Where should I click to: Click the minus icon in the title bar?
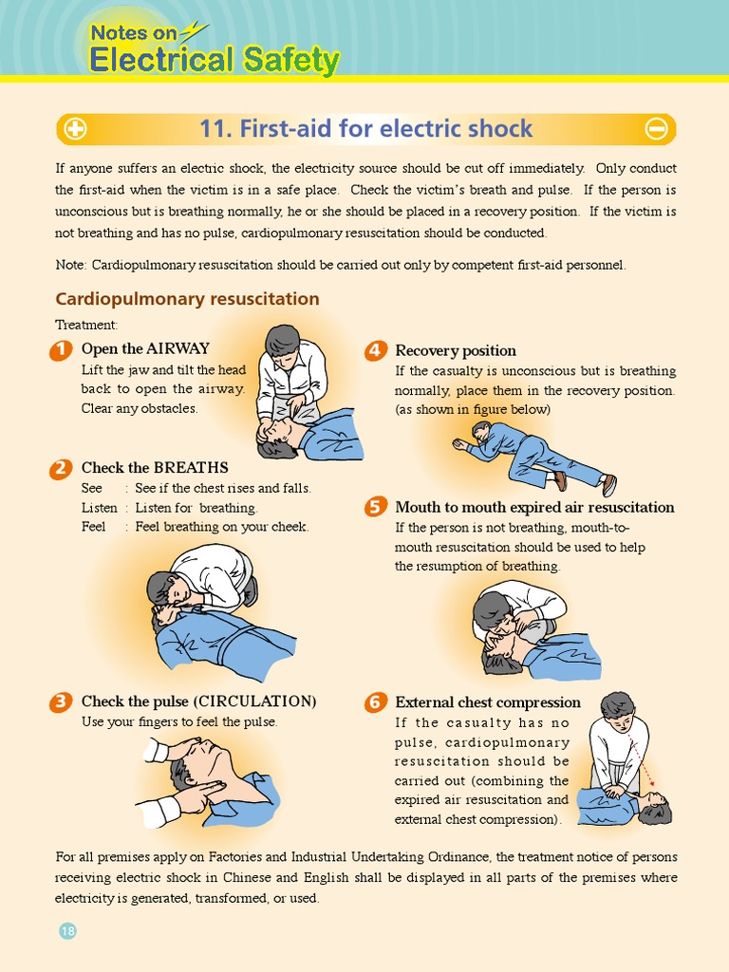(x=656, y=129)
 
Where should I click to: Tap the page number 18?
(x=67, y=931)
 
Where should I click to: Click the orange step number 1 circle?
(x=60, y=350)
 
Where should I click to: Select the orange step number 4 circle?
(x=375, y=351)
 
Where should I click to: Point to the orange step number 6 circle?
(x=375, y=702)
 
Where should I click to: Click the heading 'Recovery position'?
(x=456, y=351)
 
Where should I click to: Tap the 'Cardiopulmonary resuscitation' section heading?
(x=187, y=299)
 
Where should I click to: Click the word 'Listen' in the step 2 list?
(x=99, y=508)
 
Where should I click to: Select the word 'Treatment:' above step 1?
(x=85, y=326)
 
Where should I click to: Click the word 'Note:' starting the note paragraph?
(x=70, y=265)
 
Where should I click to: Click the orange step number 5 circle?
(x=375, y=508)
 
